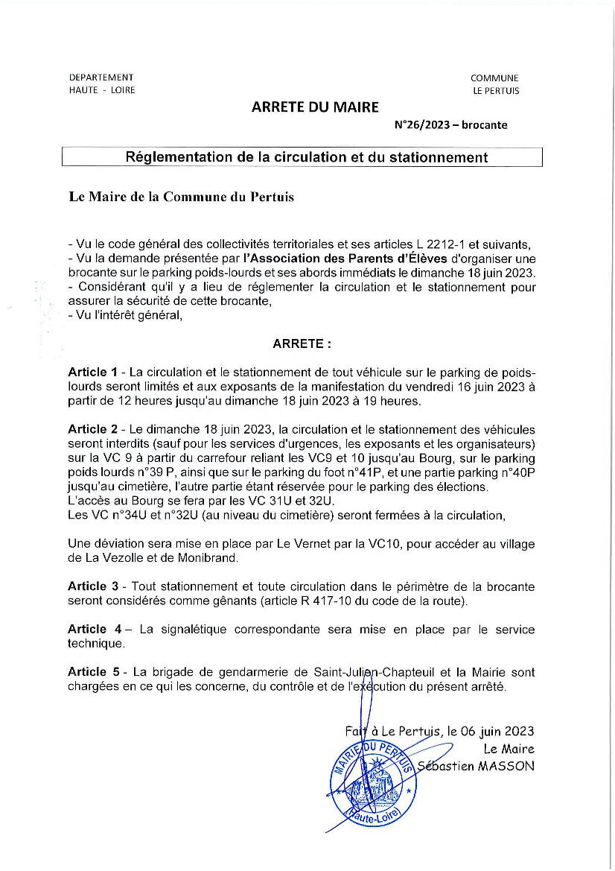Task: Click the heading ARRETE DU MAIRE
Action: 315,107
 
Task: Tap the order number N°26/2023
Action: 422,125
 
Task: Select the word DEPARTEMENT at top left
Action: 101,77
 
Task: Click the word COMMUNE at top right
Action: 494,78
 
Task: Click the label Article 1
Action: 92,372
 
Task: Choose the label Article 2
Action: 92,430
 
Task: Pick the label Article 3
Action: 92,587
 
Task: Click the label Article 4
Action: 92,630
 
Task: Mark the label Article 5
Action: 92,673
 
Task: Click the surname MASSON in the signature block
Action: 507,766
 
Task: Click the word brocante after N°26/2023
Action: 484,125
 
